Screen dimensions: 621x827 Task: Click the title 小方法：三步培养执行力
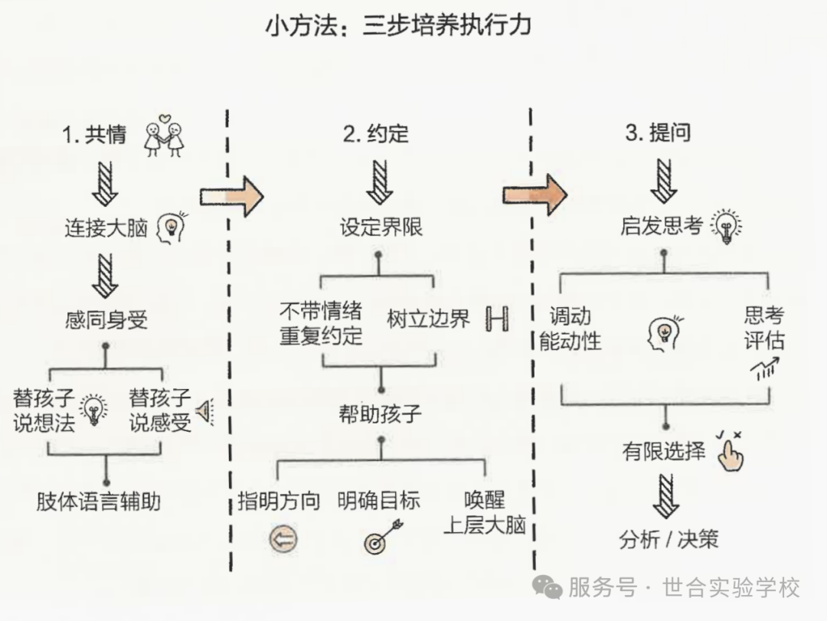coord(398,26)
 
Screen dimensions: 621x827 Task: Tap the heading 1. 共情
coord(94,135)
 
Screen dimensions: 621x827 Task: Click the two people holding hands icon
coord(165,136)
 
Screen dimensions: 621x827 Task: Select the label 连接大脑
coord(105,227)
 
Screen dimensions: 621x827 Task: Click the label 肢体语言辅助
coord(99,502)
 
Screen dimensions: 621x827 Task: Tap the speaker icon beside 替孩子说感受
coord(204,412)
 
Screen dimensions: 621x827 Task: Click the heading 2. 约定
coord(376,135)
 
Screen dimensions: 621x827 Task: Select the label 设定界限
coord(381,227)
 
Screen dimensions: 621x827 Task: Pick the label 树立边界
coord(429,319)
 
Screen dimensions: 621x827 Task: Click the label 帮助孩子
coord(380,414)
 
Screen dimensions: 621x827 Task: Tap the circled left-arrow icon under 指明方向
coord(283,540)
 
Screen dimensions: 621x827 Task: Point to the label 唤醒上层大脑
coord(485,514)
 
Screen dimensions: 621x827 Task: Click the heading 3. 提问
coord(658,133)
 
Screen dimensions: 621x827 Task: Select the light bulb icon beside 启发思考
coord(725,226)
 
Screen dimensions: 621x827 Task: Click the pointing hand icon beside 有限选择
coord(729,451)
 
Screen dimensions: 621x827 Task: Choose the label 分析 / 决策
coord(668,540)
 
